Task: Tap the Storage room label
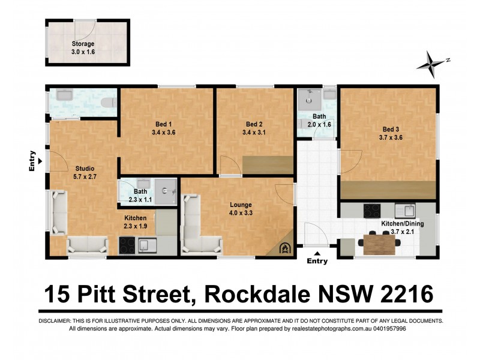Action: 83,43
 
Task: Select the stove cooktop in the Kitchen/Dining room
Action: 372,211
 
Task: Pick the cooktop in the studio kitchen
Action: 127,245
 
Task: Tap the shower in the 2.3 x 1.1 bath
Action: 170,191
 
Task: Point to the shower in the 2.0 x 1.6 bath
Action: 310,97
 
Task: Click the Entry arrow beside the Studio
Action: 40,161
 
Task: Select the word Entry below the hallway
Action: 317,261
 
